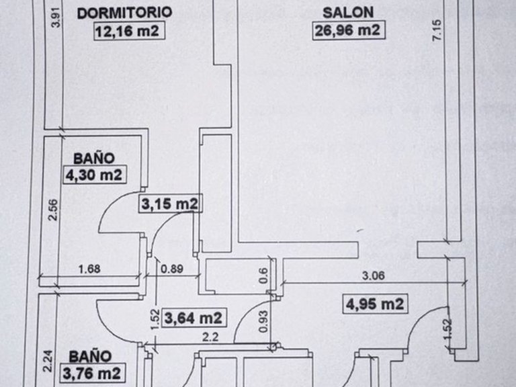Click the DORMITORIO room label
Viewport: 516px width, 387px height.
[124, 13]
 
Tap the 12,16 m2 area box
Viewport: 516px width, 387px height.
[129, 32]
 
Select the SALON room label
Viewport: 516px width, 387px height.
[348, 13]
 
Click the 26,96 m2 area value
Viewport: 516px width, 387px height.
[349, 30]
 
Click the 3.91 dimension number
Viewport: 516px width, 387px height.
[56, 17]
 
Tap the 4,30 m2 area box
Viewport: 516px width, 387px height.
[95, 175]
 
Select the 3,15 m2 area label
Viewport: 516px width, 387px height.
[170, 204]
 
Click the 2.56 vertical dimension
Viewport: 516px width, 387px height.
[52, 210]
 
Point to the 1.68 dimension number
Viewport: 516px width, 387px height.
[89, 269]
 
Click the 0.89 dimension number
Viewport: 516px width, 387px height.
[172, 269]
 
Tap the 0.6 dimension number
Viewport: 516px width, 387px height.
[263, 275]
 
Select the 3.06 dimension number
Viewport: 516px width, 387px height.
[373, 275]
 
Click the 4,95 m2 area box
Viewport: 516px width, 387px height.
[375, 304]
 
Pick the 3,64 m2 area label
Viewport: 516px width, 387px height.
[194, 318]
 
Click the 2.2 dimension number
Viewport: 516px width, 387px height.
[210, 337]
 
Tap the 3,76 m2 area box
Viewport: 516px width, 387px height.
[92, 373]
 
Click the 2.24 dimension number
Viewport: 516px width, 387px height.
[48, 361]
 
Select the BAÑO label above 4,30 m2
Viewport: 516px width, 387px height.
[94, 159]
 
